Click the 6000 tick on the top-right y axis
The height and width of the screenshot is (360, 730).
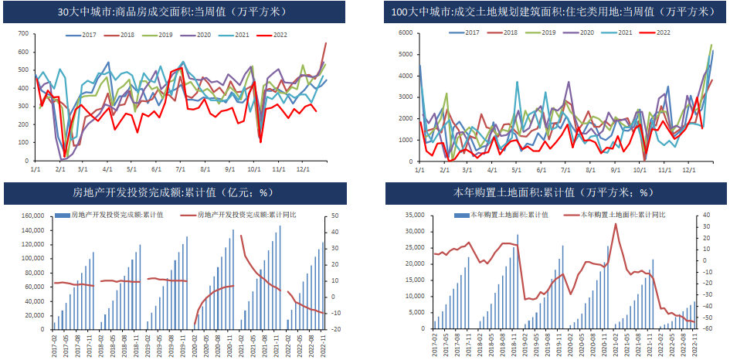click(x=406, y=32)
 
